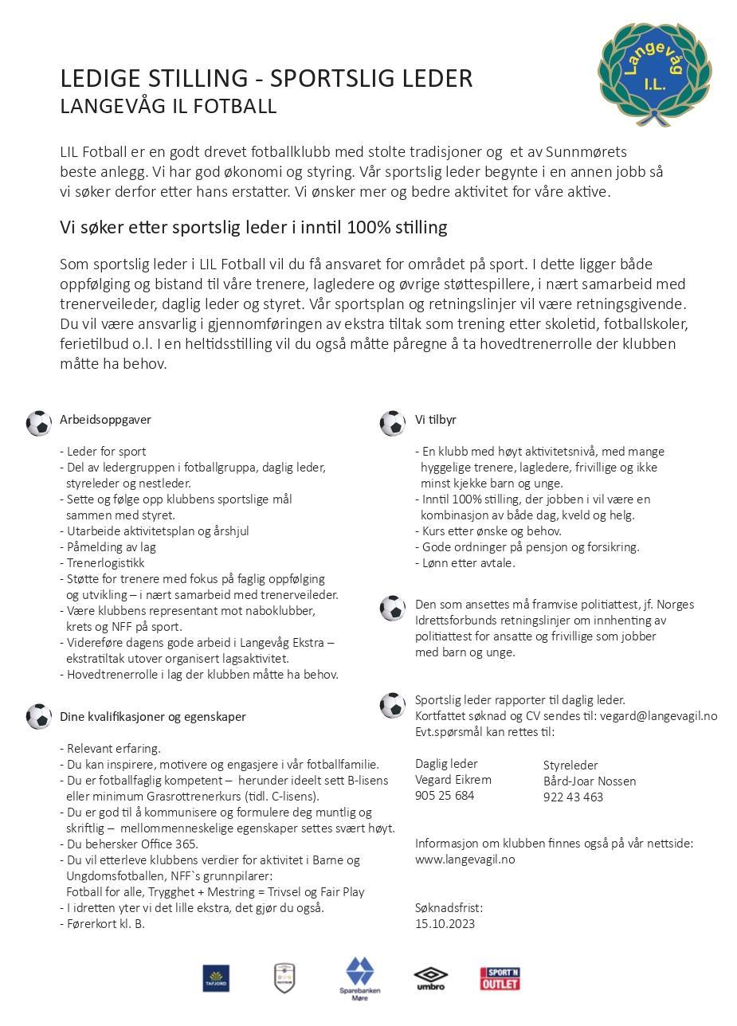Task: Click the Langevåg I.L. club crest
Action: coord(654,72)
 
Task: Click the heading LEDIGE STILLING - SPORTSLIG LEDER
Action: coord(266,79)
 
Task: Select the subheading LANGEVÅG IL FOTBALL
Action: coord(168,107)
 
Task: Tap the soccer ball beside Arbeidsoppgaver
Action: coord(38,423)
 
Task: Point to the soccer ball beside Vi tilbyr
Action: coord(392,423)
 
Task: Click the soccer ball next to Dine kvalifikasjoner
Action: coord(38,716)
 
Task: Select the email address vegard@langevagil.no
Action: coord(658,716)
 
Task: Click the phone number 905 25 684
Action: coord(445,796)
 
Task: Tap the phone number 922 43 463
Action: coord(573,797)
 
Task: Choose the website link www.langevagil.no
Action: coord(465,860)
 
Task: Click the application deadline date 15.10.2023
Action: coord(445,924)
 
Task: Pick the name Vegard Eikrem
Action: coord(453,780)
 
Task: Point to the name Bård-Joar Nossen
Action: coord(590,781)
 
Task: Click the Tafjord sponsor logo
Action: coord(216,978)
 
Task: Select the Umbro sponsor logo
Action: coord(430,978)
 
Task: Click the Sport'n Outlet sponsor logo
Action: coord(500,978)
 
